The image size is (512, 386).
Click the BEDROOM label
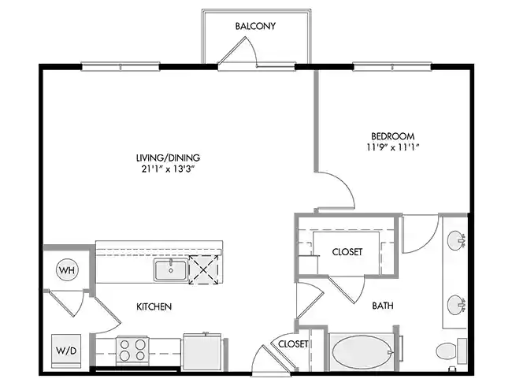392,135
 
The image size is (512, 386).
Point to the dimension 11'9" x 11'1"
392,147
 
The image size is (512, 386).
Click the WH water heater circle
65,270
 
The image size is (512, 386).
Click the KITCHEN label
154,306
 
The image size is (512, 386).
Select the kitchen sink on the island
170,271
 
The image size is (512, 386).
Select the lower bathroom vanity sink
457,302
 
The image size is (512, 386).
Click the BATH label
383,306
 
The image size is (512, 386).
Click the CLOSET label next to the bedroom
347,252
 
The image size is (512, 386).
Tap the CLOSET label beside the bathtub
293,344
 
